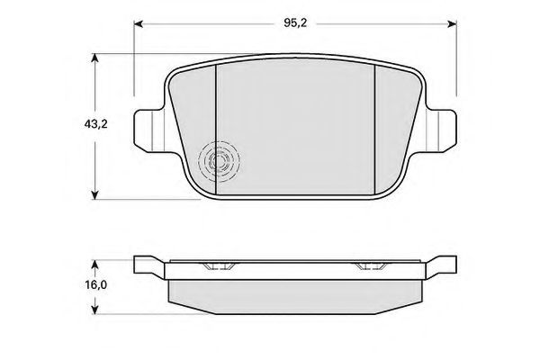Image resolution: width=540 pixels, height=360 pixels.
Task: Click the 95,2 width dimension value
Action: pos(295,23)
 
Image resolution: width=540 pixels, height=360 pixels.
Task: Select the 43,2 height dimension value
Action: pos(96,123)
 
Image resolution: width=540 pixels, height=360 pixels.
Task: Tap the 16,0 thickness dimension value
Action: pos(96,285)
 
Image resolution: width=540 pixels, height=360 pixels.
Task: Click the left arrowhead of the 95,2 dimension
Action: pos(138,23)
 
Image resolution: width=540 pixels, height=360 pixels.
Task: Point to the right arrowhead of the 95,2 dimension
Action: pos(452,23)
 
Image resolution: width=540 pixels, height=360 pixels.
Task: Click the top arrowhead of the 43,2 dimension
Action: pos(94,58)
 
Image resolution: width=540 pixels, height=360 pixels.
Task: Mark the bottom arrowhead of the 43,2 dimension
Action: pos(94,195)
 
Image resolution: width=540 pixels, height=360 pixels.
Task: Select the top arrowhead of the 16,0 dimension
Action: pos(95,265)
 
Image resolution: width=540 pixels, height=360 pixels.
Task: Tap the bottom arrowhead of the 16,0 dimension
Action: pos(95,309)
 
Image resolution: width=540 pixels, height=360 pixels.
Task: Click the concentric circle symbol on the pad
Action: pos(219,161)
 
